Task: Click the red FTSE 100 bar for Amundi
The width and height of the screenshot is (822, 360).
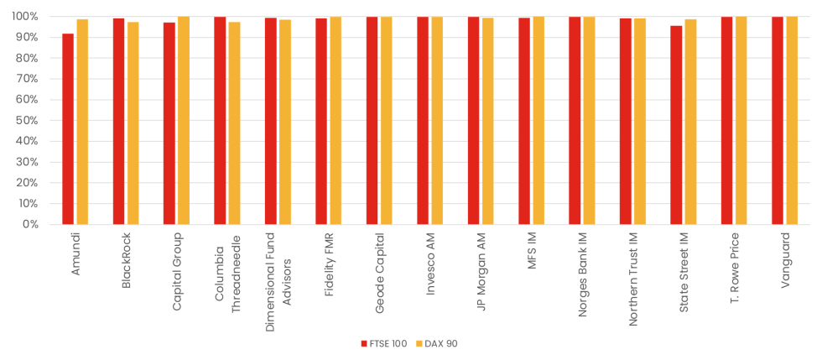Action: point(68,129)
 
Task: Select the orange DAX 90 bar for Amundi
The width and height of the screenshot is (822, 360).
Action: point(82,122)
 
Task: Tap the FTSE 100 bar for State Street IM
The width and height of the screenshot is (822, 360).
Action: point(676,125)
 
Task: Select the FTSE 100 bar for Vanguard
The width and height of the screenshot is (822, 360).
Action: point(778,121)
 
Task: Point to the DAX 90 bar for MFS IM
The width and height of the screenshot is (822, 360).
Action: point(538,121)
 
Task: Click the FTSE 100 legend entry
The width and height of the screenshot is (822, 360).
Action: point(383,343)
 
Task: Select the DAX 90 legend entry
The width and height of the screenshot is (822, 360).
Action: point(437,343)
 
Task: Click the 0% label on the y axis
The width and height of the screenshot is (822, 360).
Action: point(31,225)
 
